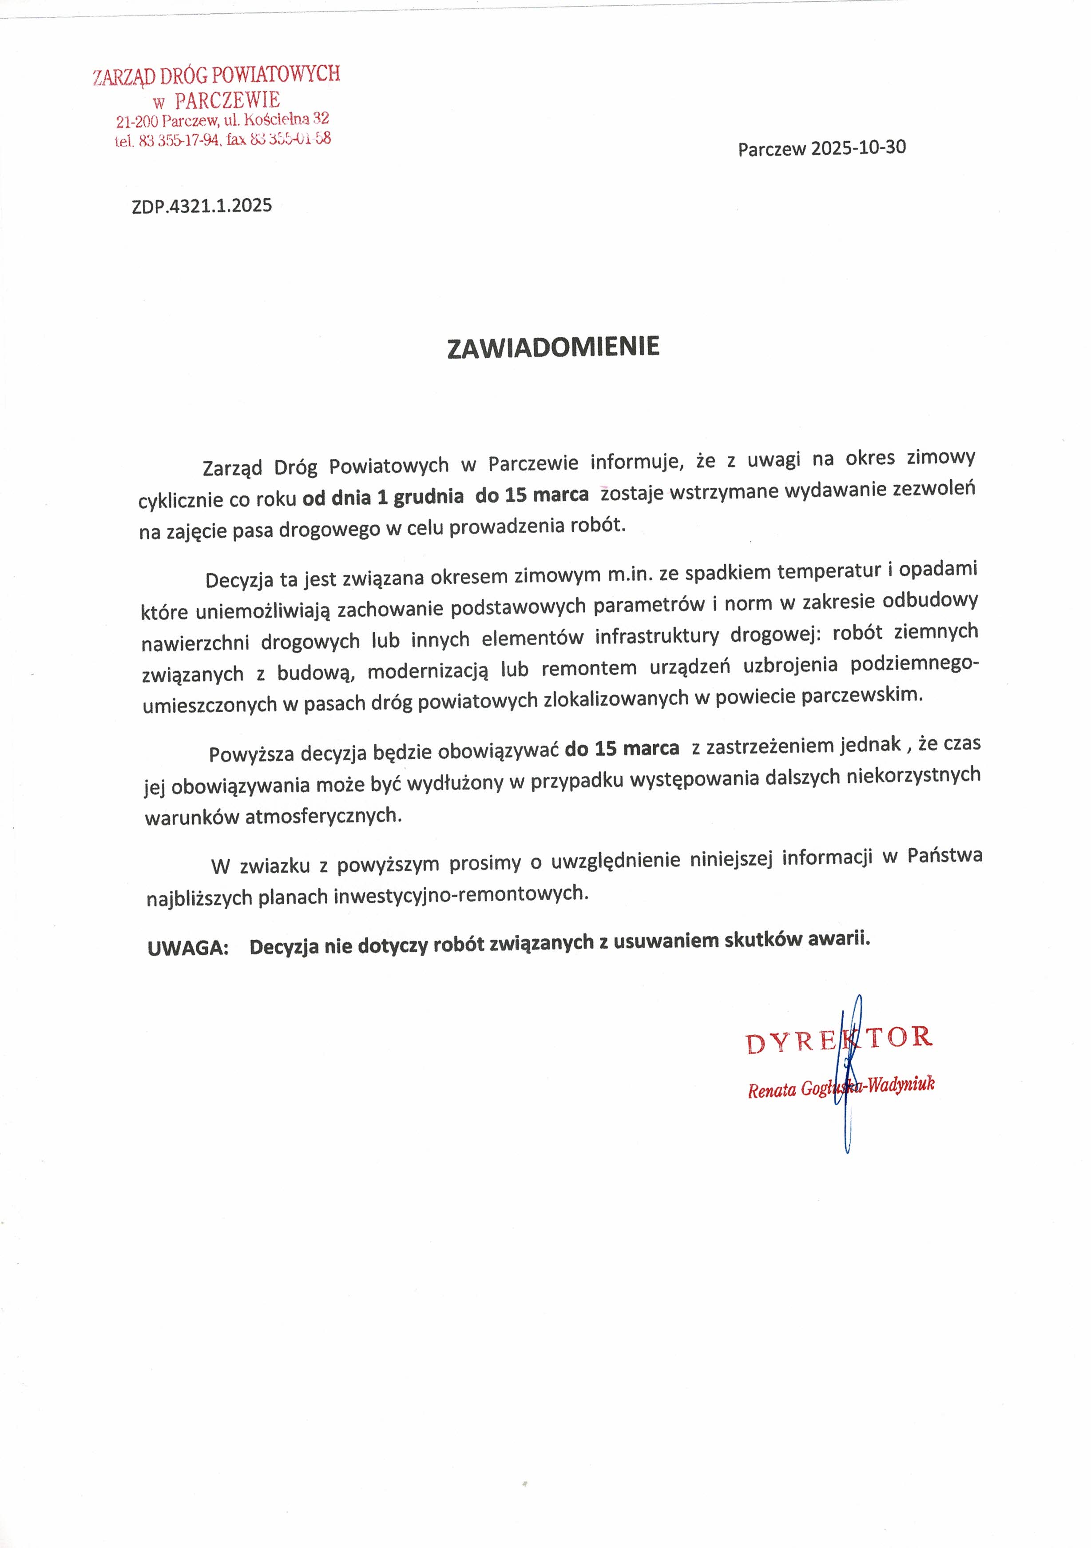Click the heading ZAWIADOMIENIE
(553, 347)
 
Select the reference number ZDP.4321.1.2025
(202, 206)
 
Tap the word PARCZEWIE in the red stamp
(227, 100)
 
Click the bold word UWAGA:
(188, 947)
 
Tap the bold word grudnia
(428, 497)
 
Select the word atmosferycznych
(323, 817)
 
